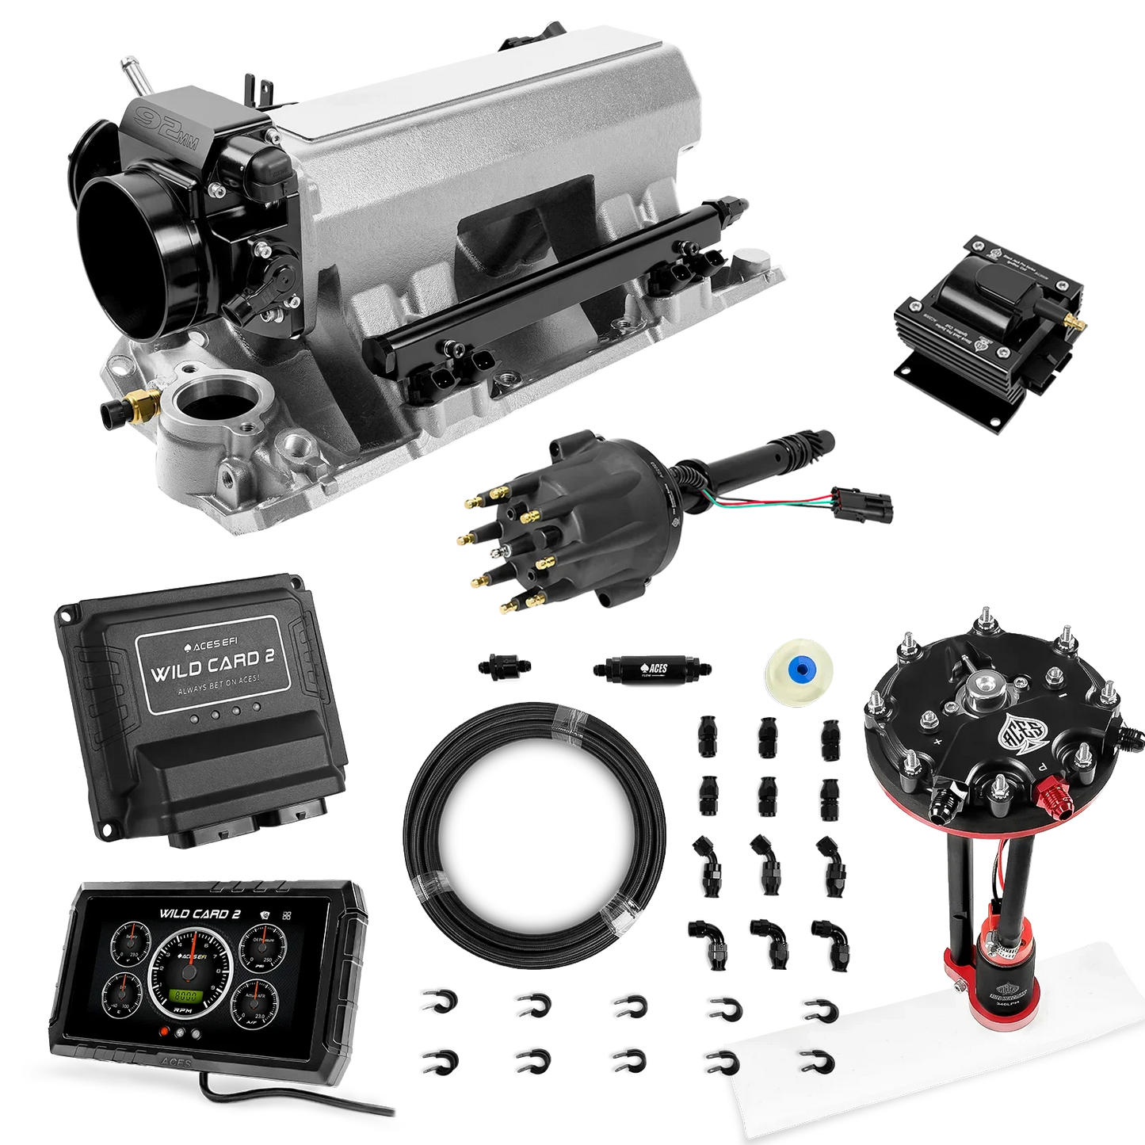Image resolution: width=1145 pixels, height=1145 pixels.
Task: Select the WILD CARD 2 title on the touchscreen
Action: click(x=200, y=912)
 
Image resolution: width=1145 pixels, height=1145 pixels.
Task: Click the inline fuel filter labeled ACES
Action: click(x=651, y=669)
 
